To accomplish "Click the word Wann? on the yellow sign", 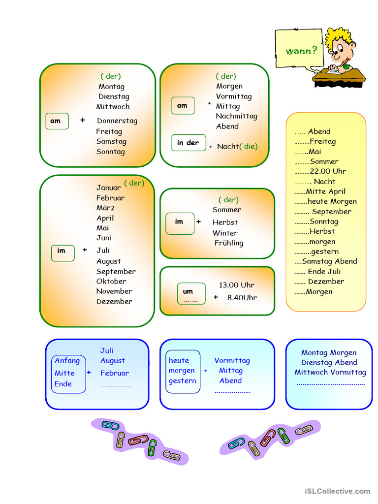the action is [x=301, y=51].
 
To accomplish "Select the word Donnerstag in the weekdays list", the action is [x=117, y=121].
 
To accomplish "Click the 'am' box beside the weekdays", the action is [x=57, y=121].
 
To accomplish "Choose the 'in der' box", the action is [x=189, y=143].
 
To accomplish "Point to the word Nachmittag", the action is [x=237, y=116].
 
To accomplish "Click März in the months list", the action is [x=105, y=208].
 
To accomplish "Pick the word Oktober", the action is [x=111, y=281].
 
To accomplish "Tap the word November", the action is [x=114, y=291].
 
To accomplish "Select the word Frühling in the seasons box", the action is [x=229, y=243].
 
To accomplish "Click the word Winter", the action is [x=225, y=233].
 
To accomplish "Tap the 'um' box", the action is [x=191, y=293].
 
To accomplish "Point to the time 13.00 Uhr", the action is [x=237, y=285].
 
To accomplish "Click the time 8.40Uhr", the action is [x=242, y=298].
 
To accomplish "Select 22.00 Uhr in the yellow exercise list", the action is [x=328, y=171].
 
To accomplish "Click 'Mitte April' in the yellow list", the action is [x=326, y=191].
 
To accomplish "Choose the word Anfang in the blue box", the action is [x=67, y=361].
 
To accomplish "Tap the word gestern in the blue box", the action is [x=182, y=381].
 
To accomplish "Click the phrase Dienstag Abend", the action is [x=329, y=362].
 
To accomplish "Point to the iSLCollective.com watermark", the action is [x=338, y=491].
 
